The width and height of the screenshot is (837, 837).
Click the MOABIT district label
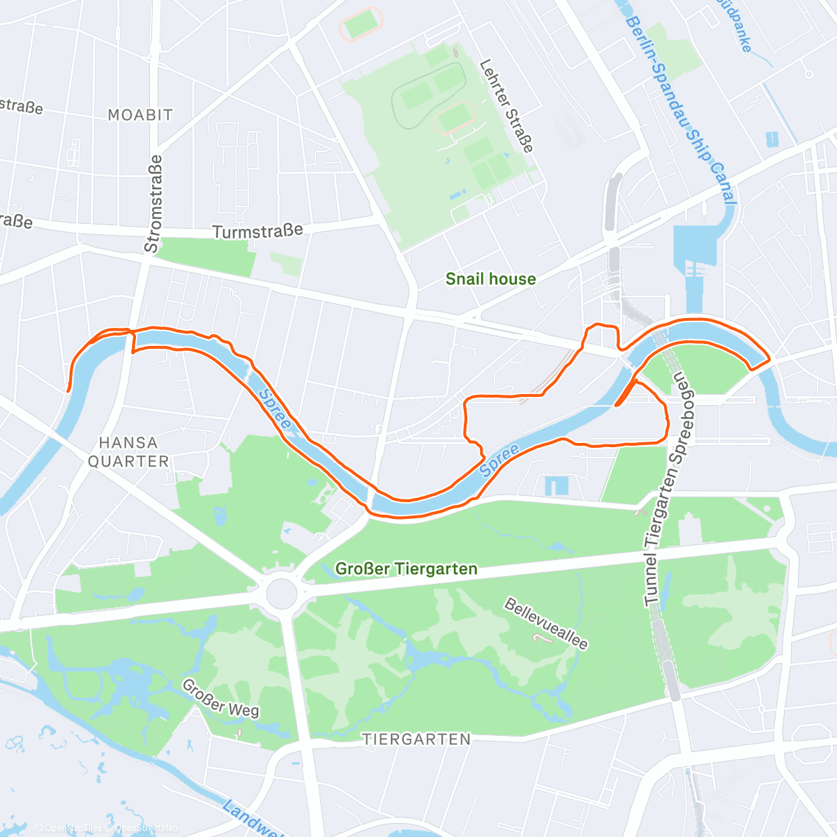(140, 115)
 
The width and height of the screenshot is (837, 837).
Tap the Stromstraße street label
(153, 204)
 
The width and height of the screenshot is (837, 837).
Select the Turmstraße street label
(257, 231)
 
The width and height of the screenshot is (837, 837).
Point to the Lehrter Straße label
(506, 106)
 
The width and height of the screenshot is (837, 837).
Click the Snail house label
(491, 279)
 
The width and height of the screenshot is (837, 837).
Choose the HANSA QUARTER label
(128, 451)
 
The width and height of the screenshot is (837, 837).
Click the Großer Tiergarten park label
(406, 569)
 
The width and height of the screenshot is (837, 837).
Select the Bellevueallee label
(546, 623)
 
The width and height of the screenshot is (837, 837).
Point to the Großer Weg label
(220, 699)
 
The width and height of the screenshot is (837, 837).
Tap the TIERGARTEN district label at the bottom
(416, 739)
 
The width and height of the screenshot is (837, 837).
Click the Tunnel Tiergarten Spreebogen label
(665, 488)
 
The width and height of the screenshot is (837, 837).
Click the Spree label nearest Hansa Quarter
(274, 409)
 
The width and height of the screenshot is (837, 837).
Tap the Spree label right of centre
(499, 460)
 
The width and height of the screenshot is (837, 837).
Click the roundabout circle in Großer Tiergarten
(281, 593)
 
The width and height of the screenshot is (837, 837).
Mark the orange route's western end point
(68, 391)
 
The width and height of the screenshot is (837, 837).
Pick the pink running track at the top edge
(361, 24)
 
